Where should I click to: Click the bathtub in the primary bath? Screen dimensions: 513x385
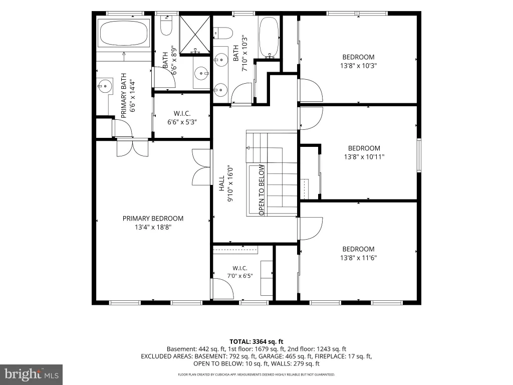click(124, 34)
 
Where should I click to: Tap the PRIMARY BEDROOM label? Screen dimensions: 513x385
click(153, 219)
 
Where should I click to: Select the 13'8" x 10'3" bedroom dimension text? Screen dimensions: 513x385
click(358, 66)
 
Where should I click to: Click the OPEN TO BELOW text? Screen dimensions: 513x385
click(262, 190)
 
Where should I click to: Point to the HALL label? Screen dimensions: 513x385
click(222, 183)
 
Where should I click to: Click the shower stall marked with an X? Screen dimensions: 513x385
click(195, 35)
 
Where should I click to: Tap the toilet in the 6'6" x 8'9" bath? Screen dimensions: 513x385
click(166, 25)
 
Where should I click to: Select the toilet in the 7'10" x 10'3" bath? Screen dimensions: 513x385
click(223, 33)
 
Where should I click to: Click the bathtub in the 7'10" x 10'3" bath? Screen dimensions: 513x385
click(269, 37)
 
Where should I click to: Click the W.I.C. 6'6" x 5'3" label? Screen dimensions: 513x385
click(182, 118)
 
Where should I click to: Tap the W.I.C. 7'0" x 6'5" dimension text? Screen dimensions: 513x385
click(240, 276)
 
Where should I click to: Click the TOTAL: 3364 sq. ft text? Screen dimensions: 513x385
click(256, 342)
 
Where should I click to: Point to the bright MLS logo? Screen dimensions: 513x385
click(32, 374)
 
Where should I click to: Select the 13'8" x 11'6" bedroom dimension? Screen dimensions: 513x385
click(358, 258)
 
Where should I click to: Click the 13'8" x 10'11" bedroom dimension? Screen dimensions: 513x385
click(364, 157)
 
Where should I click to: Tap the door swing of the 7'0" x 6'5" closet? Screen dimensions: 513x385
click(222, 288)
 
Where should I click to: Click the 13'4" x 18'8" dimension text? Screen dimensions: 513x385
click(153, 227)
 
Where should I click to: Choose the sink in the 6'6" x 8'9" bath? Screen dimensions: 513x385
click(201, 73)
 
